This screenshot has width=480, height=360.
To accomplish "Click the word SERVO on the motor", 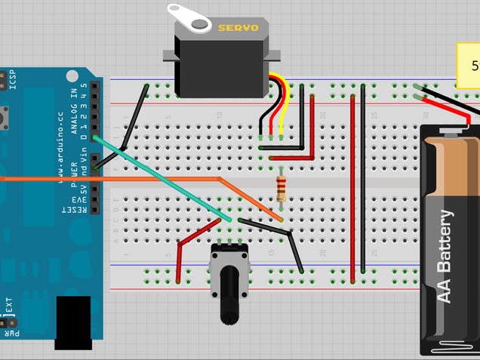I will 238,28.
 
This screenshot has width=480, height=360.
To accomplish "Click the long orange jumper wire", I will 113,179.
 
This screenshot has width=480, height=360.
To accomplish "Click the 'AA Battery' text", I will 446,257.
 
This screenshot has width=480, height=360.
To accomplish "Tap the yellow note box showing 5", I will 469,64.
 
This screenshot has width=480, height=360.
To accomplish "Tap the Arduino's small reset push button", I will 7,117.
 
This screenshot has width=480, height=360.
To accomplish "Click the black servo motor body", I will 219,64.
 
